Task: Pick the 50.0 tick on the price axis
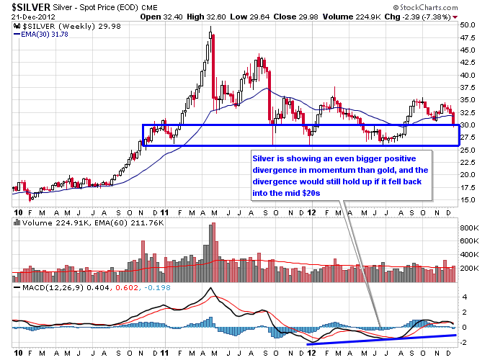point(468,24)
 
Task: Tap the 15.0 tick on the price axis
point(468,199)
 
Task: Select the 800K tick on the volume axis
point(470,228)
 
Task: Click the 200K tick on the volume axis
point(470,268)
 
